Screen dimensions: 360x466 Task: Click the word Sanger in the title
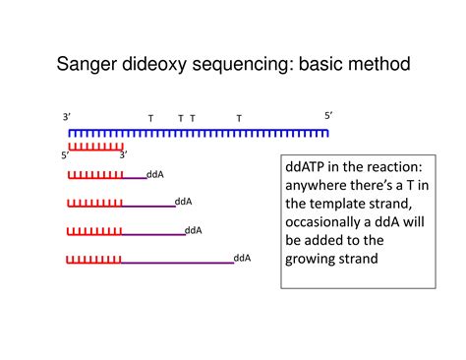coord(90,66)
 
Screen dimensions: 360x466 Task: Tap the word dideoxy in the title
coord(166,66)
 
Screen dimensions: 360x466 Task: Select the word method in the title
coord(375,66)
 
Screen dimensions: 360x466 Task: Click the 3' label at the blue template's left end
coord(66,117)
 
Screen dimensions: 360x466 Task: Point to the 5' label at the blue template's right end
coord(328,116)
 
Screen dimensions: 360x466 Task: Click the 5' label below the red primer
coord(65,154)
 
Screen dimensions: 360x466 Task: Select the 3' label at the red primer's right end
coord(123,154)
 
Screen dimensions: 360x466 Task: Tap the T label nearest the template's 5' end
coord(239,118)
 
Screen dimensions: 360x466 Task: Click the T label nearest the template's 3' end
coord(150,118)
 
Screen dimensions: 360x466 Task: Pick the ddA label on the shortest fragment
coord(154,174)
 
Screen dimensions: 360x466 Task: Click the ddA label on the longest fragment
coord(242,258)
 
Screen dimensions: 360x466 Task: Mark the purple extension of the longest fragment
coord(177,263)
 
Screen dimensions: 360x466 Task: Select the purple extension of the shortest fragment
coord(134,178)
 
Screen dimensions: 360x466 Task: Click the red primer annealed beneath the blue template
coord(95,145)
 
